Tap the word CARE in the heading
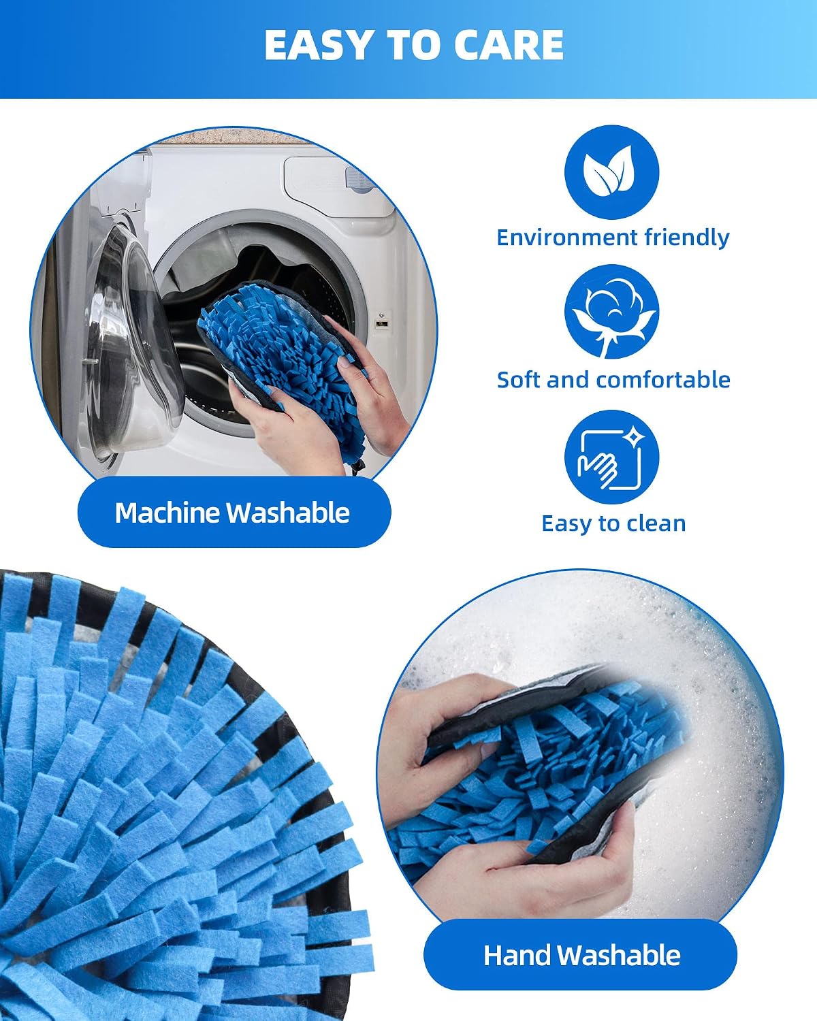[x=508, y=45]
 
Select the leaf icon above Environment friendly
[x=611, y=172]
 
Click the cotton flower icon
[x=611, y=312]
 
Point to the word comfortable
[x=663, y=380]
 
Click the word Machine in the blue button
[x=167, y=513]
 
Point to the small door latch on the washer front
[x=380, y=323]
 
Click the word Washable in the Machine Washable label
[x=288, y=513]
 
